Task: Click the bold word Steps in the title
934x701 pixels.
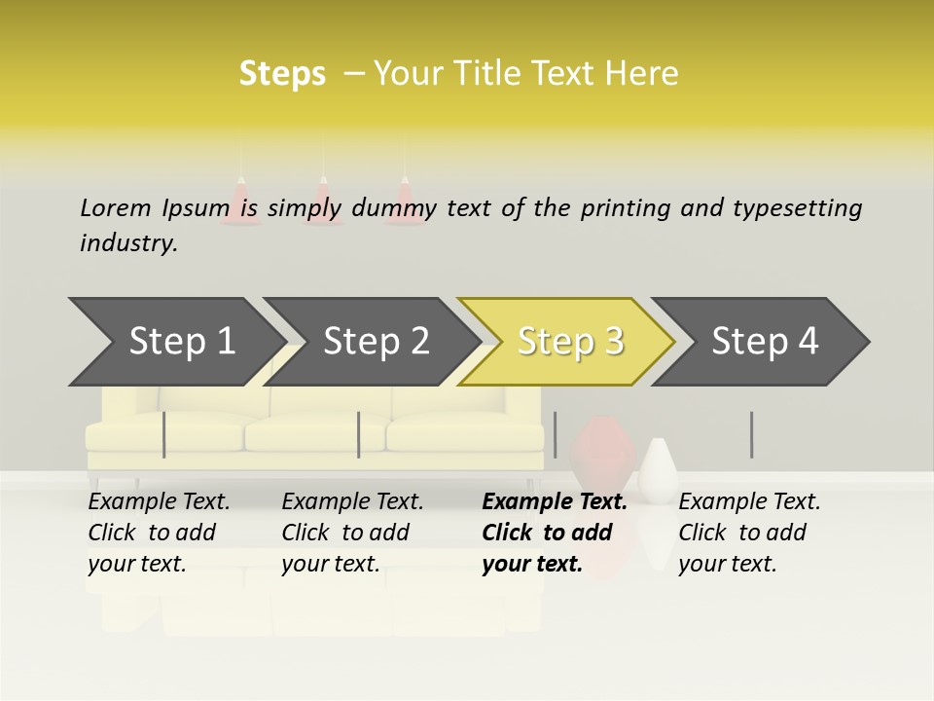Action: [282, 74]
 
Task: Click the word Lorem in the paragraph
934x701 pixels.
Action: [115, 208]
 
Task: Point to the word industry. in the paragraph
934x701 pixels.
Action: [128, 243]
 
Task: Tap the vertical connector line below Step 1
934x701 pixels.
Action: [164, 434]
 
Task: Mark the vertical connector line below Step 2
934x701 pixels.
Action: [359, 434]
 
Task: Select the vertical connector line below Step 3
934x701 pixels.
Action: [555, 434]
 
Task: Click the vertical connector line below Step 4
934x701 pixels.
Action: [751, 434]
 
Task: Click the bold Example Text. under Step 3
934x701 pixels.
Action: [555, 502]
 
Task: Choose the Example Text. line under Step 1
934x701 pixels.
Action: [159, 502]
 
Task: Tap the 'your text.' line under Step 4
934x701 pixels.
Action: [727, 564]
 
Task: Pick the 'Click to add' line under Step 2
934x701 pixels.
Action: [345, 533]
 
